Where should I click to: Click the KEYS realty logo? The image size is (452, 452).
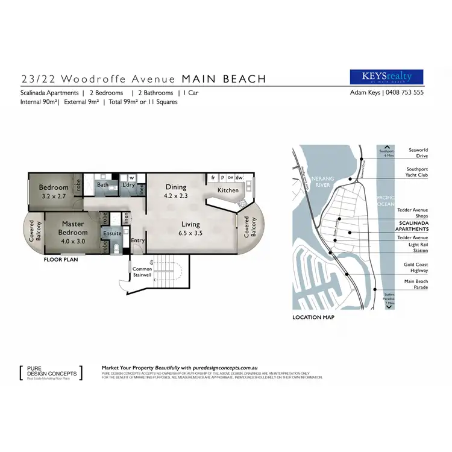(x=386, y=77)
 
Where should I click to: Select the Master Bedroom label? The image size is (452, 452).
(x=73, y=228)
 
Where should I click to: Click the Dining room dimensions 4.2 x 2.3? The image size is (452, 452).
(x=176, y=195)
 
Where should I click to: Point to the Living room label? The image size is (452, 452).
(x=191, y=225)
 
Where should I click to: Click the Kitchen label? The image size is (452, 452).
(x=228, y=190)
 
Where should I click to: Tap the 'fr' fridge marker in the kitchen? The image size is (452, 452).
(x=213, y=178)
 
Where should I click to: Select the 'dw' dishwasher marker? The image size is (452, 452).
(x=239, y=178)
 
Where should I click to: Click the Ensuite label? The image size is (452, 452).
(x=112, y=233)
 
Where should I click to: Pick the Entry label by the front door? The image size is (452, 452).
(x=138, y=240)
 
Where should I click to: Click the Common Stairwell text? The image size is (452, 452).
(x=143, y=272)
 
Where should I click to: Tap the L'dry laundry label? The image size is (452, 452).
(x=128, y=185)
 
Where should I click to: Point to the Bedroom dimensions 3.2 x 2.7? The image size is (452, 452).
(x=54, y=196)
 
